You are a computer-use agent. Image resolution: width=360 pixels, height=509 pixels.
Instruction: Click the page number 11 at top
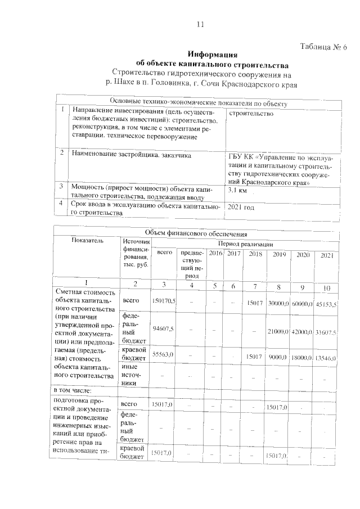coord(199,25)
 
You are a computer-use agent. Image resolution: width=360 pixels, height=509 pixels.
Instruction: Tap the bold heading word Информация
coord(211,55)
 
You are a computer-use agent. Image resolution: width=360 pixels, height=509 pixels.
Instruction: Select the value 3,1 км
coord(238,191)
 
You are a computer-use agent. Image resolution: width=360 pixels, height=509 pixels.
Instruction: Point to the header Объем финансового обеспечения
coord(196,232)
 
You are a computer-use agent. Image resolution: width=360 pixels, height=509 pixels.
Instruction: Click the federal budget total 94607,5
coord(164,328)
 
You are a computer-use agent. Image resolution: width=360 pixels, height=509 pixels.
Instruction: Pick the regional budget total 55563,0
coord(163,355)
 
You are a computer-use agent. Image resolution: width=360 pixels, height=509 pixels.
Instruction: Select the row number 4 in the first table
coord(60,204)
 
